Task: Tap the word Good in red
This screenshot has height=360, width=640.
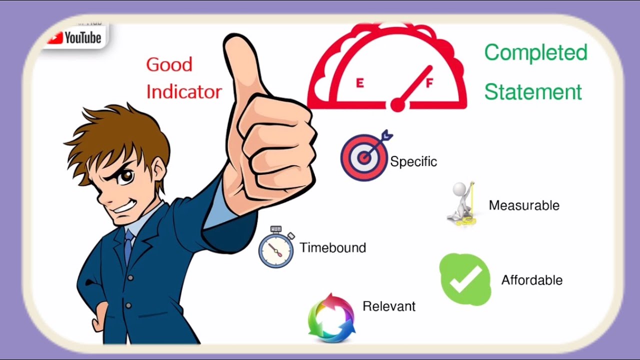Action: point(169,64)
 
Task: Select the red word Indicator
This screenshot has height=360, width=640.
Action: point(184,91)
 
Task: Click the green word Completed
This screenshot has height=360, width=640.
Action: point(535,52)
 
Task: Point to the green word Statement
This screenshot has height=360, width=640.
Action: point(533,92)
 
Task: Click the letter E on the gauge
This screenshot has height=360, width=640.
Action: point(359,83)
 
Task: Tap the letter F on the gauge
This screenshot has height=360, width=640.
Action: point(428,83)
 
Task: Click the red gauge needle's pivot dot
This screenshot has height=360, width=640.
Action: point(397,104)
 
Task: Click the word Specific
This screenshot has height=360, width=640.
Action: point(413,161)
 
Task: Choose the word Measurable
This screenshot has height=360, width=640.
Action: point(524,205)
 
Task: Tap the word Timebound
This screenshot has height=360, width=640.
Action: point(333,247)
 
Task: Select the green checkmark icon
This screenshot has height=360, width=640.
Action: point(465,279)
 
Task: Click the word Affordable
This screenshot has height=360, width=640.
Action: point(532,280)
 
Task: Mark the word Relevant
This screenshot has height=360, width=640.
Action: point(389,306)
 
